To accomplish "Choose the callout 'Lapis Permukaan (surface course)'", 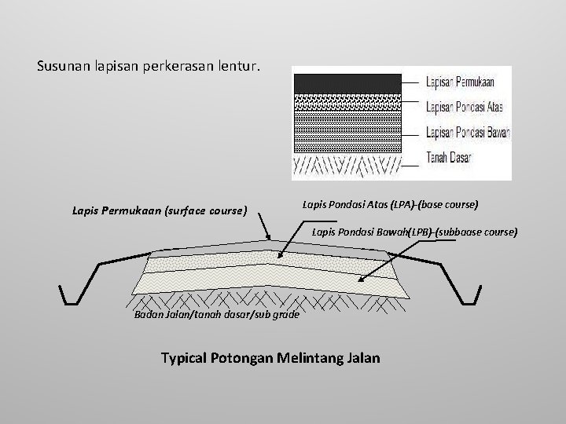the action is pyautogui.click(x=160, y=210).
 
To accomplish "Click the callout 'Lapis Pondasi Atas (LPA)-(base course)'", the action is pyautogui.click(x=390, y=204).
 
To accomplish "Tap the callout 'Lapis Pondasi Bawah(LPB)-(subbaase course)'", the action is pyautogui.click(x=414, y=232).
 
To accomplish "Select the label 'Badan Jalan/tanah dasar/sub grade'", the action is pyautogui.click(x=216, y=316).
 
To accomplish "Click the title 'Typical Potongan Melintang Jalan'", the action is pyautogui.click(x=270, y=358).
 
